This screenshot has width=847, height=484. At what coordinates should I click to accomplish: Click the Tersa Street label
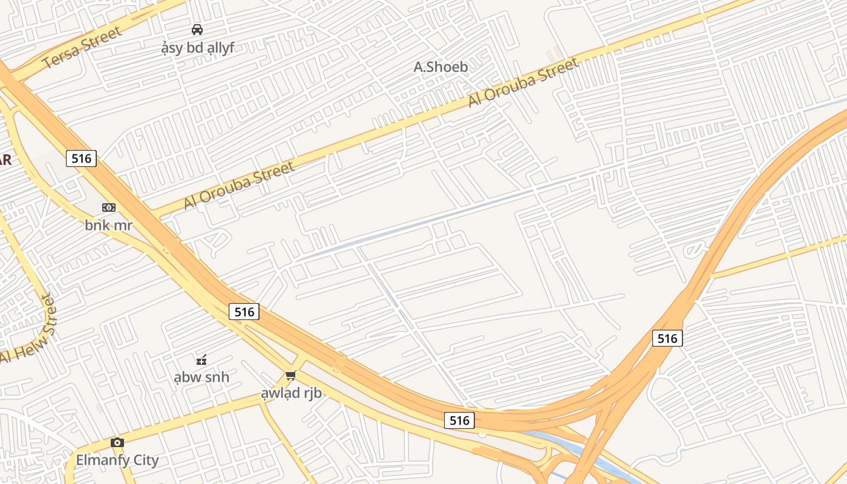82,47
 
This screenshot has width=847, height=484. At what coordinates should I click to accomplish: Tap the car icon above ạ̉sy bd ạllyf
197,29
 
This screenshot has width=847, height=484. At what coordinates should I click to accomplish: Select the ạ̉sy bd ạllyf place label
198,48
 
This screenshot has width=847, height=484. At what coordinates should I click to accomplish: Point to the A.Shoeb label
440,67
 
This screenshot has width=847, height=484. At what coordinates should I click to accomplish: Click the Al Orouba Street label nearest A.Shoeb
523,82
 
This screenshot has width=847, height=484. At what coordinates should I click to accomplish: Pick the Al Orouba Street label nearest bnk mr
239,185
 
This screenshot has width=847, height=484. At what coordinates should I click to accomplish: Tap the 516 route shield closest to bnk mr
81,159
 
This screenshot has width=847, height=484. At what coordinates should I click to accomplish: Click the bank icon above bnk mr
109,208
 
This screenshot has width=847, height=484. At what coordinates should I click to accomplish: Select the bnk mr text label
108,226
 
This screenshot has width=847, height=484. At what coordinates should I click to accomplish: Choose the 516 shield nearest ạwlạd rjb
244,312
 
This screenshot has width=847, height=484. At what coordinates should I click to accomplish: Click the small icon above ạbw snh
201,359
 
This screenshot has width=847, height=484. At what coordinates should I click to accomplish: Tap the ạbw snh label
201,378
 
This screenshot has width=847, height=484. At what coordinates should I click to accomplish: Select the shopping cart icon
291,376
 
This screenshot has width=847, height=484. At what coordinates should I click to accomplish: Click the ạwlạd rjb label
291,393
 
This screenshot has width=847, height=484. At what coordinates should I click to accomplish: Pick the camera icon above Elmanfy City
117,442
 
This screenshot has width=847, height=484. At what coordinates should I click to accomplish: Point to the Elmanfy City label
117,460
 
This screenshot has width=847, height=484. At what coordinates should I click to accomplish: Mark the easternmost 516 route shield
667,338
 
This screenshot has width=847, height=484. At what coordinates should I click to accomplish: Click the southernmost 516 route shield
459,420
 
